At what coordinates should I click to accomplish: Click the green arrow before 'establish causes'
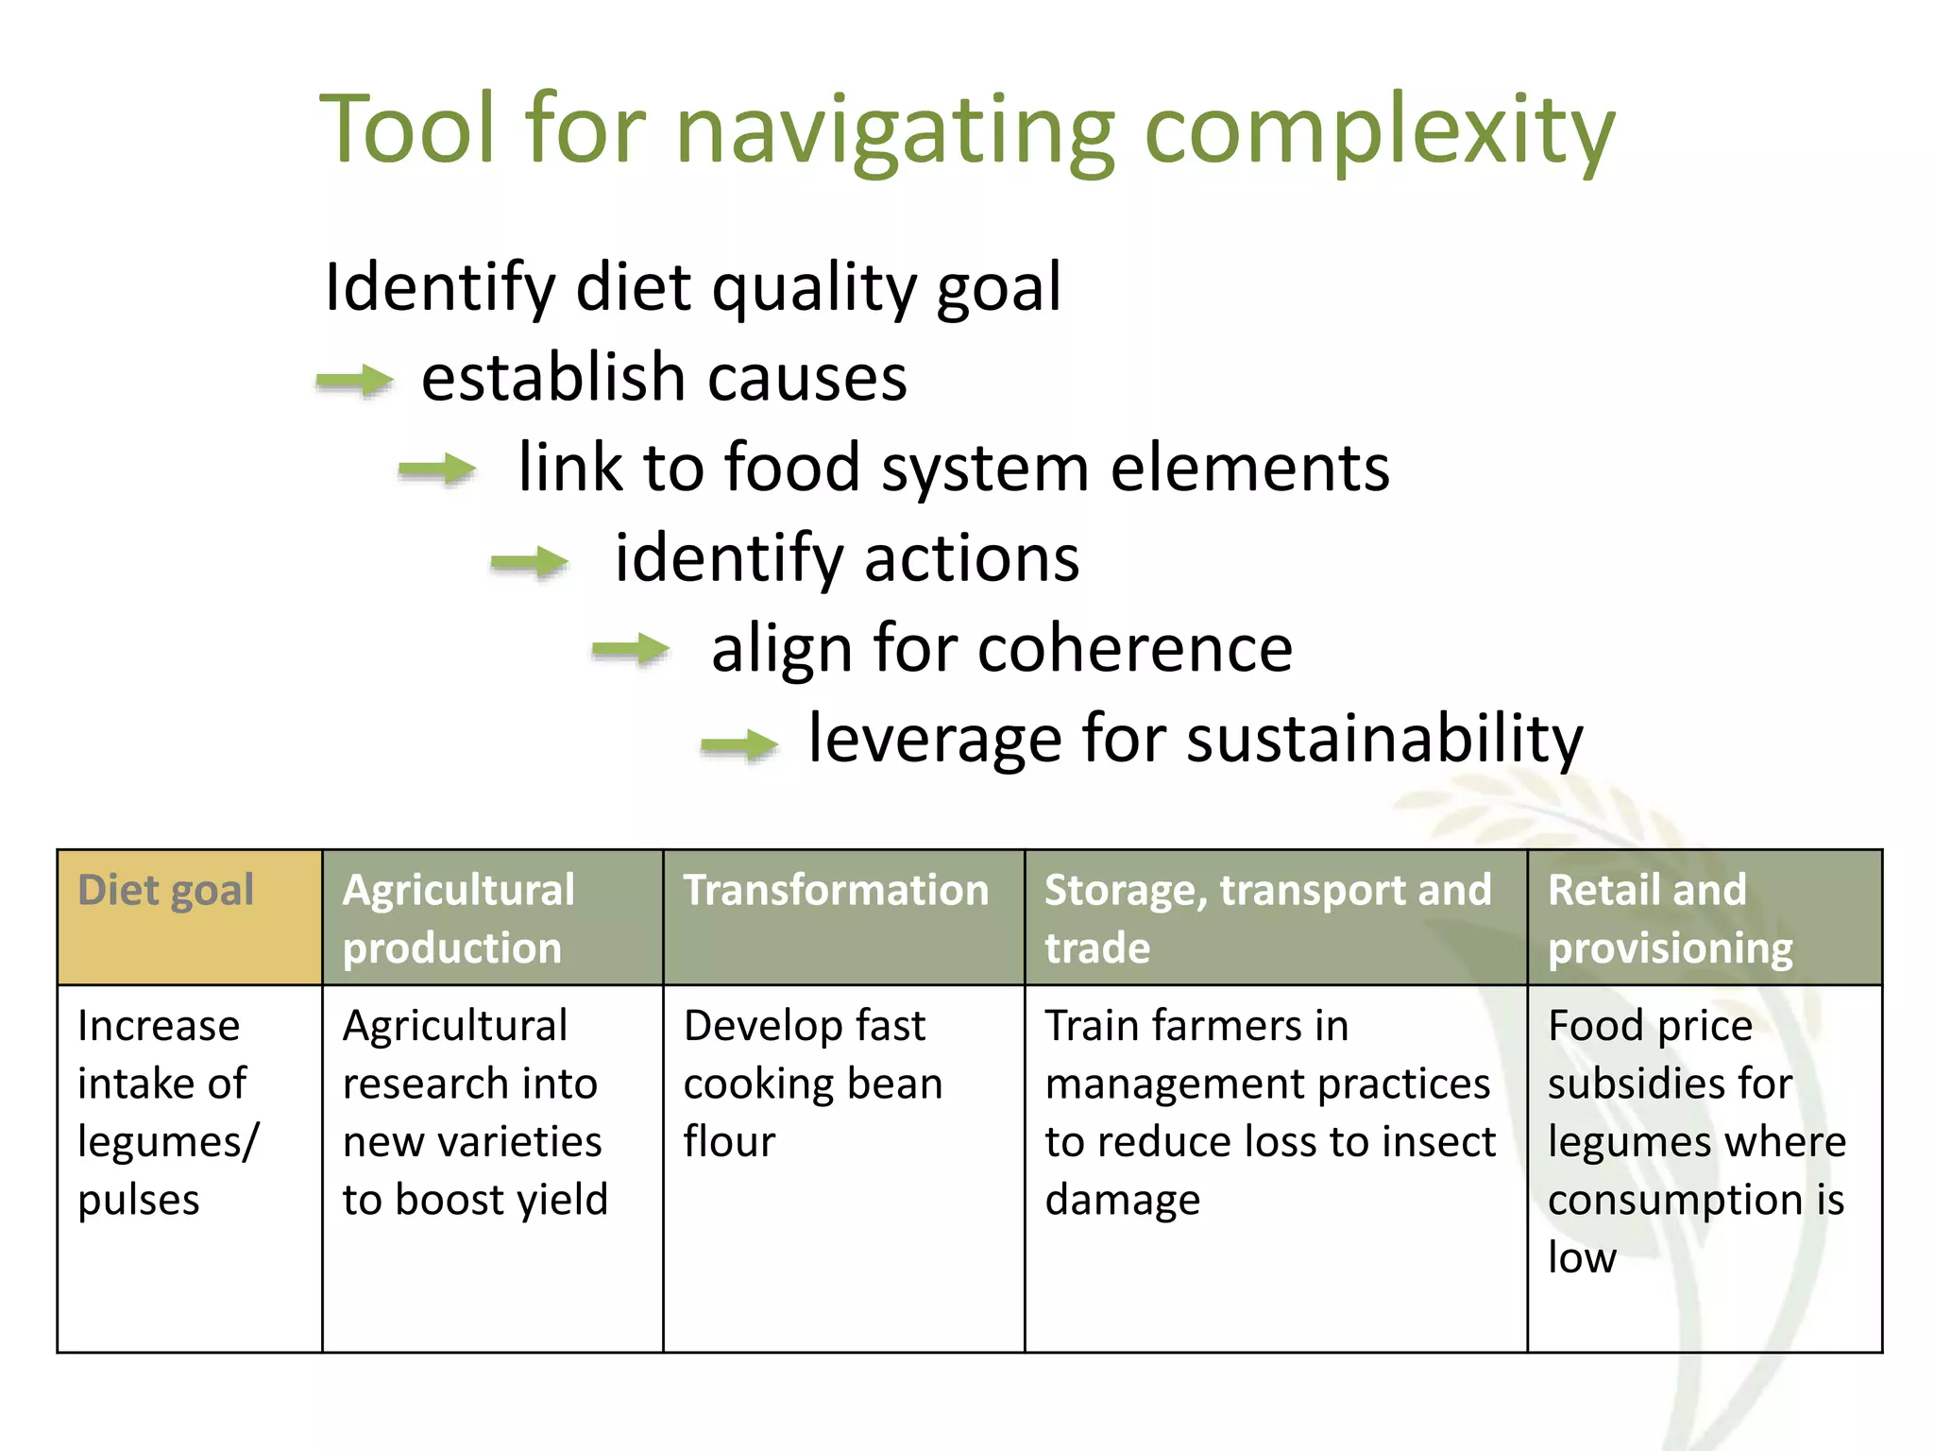[x=355, y=381]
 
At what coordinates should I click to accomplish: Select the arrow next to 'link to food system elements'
[x=437, y=469]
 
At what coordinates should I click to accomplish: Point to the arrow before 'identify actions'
[x=530, y=562]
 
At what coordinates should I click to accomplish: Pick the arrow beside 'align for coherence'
[x=631, y=650]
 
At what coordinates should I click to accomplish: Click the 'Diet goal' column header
[x=189, y=916]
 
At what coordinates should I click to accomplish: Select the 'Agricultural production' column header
[x=491, y=916]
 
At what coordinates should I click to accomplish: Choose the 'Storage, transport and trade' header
[x=1275, y=916]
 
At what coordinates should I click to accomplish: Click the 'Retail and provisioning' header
[x=1704, y=916]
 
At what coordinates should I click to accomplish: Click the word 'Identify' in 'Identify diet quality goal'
[x=439, y=287]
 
